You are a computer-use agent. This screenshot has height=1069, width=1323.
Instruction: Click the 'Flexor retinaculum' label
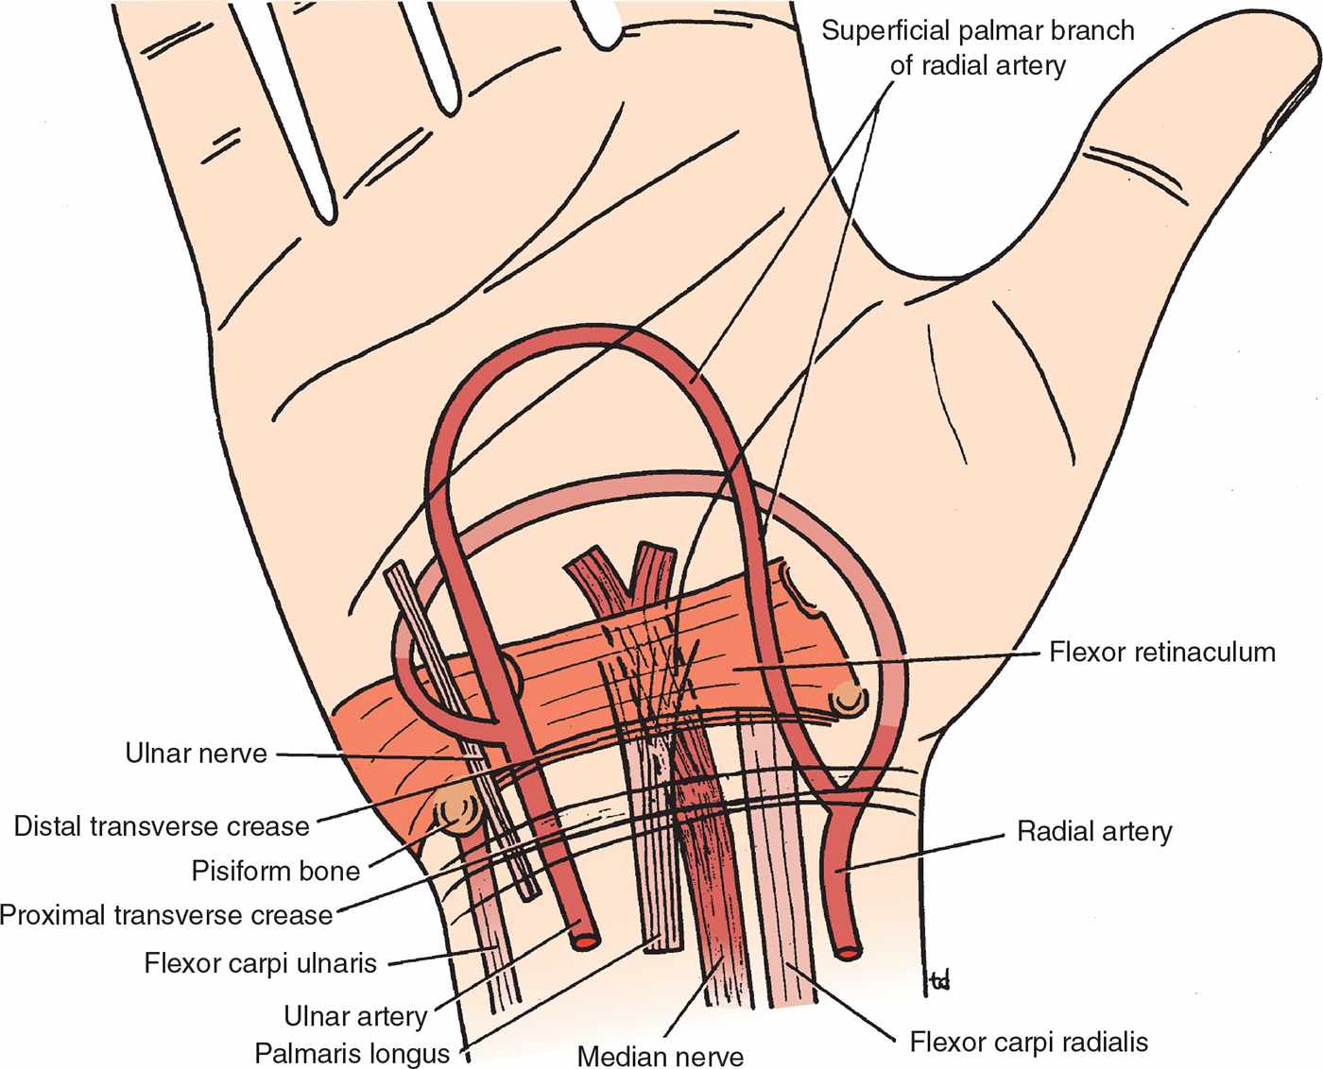click(x=1161, y=652)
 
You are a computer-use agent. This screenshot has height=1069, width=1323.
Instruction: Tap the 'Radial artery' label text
click(x=1094, y=831)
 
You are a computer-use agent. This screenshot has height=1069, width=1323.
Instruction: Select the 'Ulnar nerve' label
click(x=196, y=754)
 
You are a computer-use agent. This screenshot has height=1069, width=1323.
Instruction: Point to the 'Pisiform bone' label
click(x=275, y=870)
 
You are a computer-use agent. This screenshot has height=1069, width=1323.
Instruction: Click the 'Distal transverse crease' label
click(x=162, y=826)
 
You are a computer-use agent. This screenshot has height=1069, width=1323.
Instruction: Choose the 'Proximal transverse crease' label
click(x=166, y=914)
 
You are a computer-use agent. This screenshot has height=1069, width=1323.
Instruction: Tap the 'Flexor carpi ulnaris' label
click(x=260, y=963)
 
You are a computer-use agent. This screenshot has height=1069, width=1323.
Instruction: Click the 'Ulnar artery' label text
click(x=355, y=1016)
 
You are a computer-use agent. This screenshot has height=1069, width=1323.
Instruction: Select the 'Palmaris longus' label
click(x=352, y=1052)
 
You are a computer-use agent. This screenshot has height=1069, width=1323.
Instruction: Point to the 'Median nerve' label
click(x=660, y=1056)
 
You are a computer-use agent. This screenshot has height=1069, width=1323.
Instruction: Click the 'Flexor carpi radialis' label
click(x=1029, y=1042)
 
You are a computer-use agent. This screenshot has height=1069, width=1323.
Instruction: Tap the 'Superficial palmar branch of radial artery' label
click(x=977, y=47)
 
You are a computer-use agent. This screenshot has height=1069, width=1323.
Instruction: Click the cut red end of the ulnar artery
click(x=585, y=940)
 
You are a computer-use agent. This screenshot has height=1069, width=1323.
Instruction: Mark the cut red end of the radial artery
click(x=850, y=953)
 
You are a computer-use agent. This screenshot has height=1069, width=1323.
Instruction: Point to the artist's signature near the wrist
click(x=938, y=982)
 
